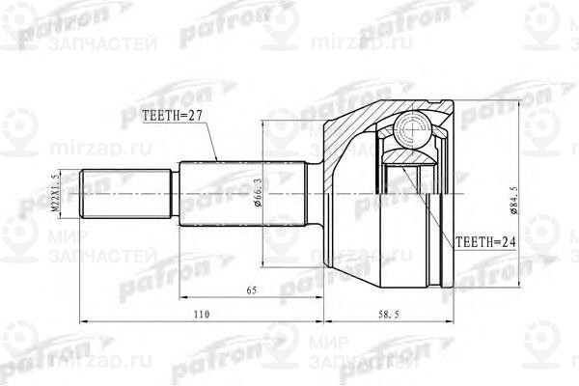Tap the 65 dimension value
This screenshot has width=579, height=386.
252,289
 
